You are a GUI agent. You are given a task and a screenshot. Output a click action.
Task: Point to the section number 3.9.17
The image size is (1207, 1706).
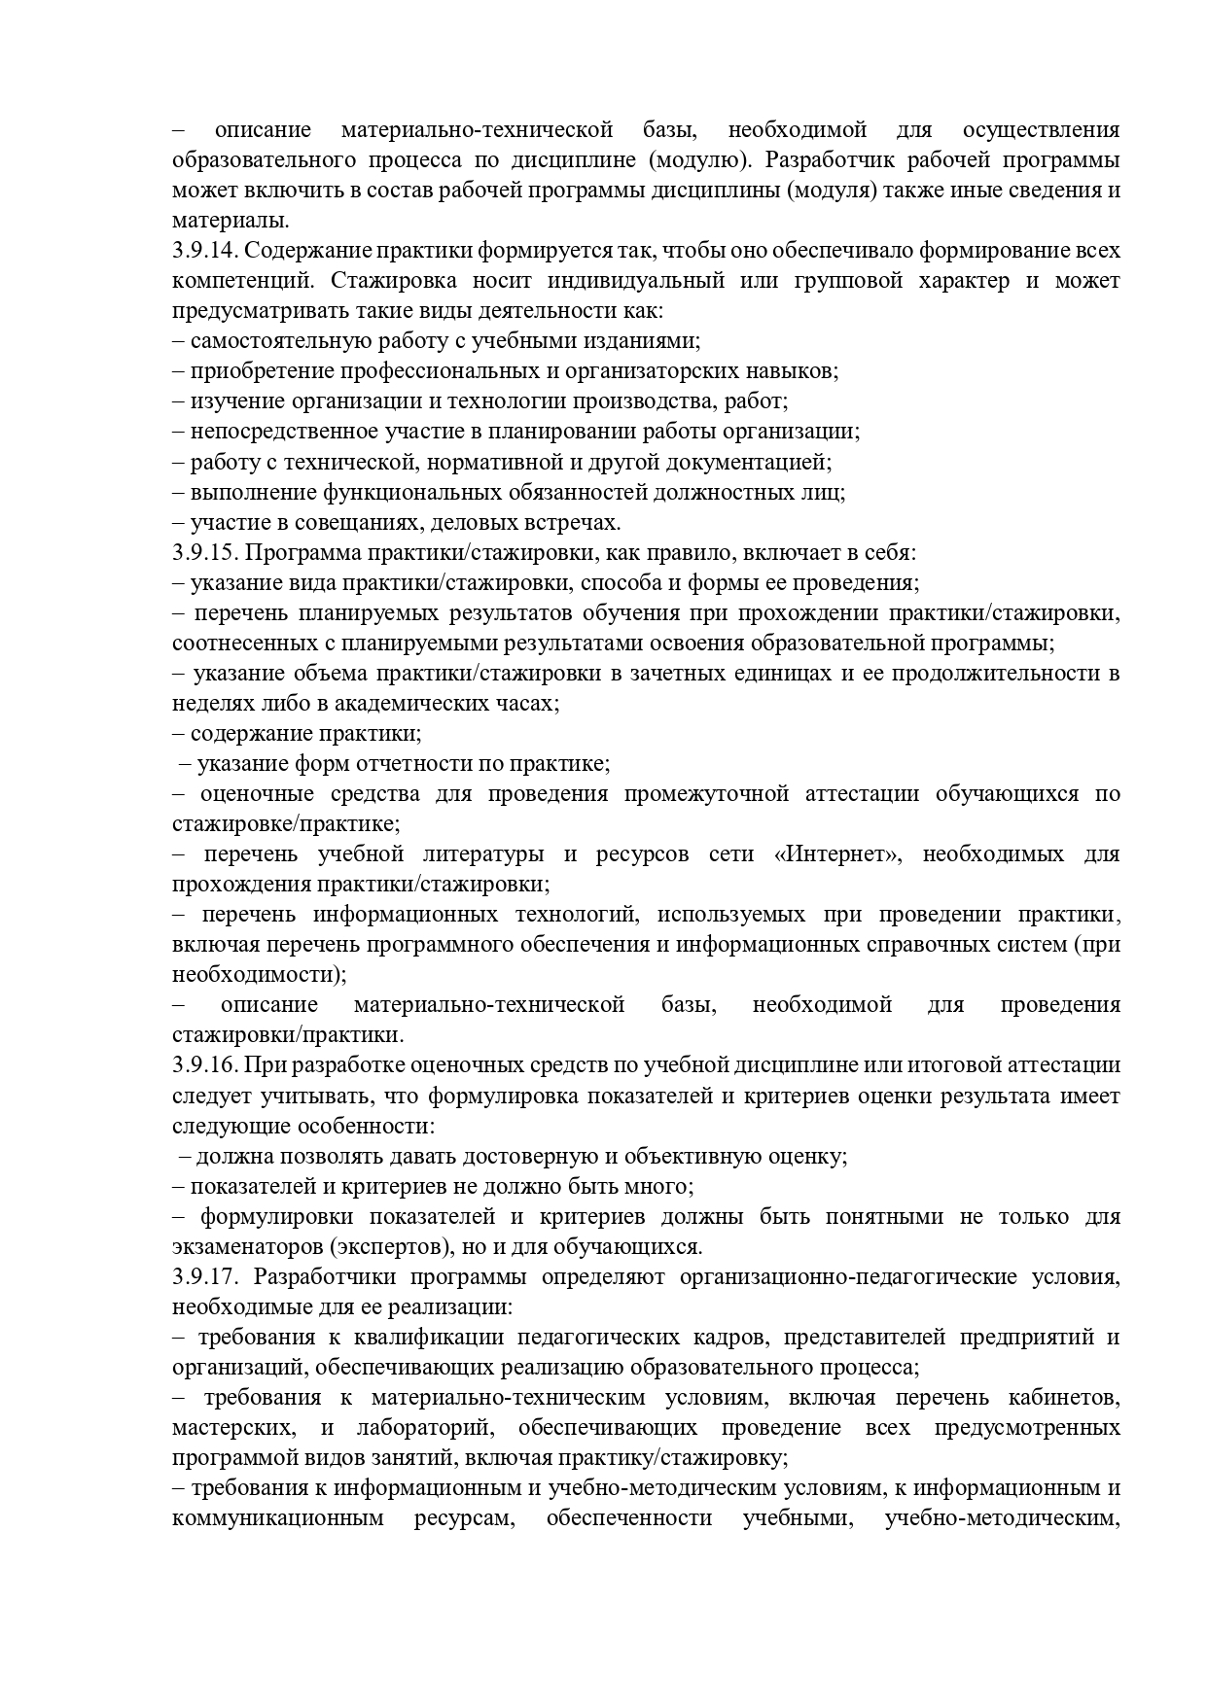tap(205, 1276)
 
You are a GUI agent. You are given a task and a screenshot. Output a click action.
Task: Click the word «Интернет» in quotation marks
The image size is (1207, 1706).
tap(837, 854)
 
